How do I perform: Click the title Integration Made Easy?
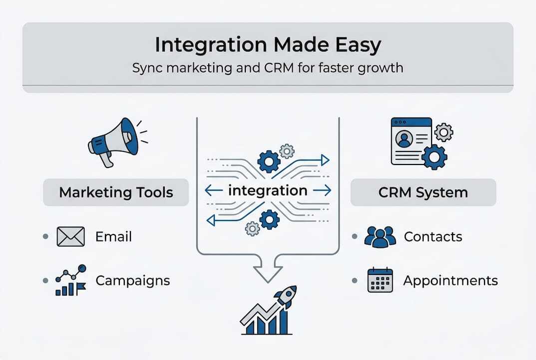pyautogui.click(x=268, y=45)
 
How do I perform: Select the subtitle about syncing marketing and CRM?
pyautogui.click(x=268, y=67)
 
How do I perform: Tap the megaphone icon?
pyautogui.click(x=113, y=140)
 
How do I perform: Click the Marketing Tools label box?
pyautogui.click(x=116, y=192)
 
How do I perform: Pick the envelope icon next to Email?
pyautogui.click(x=70, y=236)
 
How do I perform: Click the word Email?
pyautogui.click(x=113, y=236)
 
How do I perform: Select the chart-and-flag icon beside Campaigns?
pyautogui.click(x=70, y=280)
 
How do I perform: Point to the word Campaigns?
pyautogui.click(x=132, y=280)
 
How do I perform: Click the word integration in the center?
pyautogui.click(x=268, y=190)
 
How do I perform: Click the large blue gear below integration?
pyautogui.click(x=269, y=219)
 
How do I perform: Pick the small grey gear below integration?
pyautogui.click(x=253, y=228)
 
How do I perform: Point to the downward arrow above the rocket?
pyautogui.click(x=268, y=270)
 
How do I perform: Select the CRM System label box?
pyautogui.click(x=423, y=192)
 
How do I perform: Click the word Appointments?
pyautogui.click(x=450, y=280)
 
